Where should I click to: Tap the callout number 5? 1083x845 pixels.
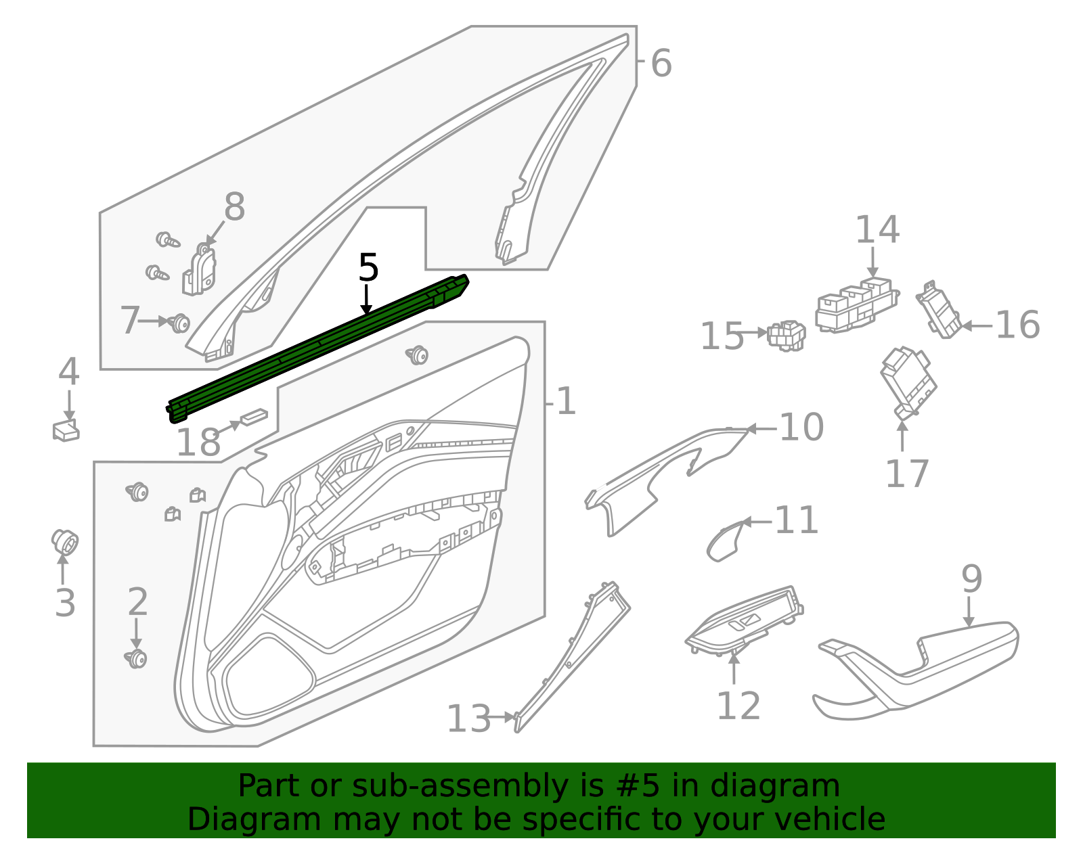click(368, 268)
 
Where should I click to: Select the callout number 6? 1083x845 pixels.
click(661, 64)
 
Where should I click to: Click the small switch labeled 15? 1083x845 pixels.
click(787, 335)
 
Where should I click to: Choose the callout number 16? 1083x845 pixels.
click(1017, 325)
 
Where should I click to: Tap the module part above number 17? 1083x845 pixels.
click(908, 382)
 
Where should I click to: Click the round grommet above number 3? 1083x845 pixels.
click(65, 541)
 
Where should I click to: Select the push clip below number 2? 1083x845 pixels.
click(137, 658)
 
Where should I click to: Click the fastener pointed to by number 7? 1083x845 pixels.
click(179, 323)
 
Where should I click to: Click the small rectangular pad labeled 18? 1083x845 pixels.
click(254, 417)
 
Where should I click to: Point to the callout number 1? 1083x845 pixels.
click(565, 402)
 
